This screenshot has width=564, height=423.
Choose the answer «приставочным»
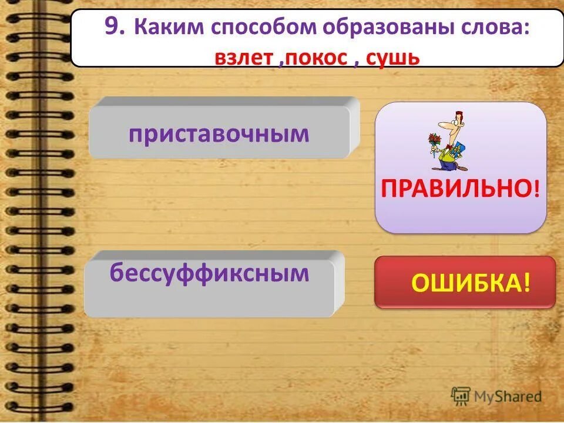coord(219,133)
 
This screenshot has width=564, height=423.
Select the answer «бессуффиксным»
coord(209,273)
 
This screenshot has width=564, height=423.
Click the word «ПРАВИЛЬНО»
coord(456,189)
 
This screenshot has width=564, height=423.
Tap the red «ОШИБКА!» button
coord(465,283)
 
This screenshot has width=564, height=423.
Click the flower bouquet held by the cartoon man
coord(434,141)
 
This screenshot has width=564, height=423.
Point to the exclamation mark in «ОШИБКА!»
coord(526,283)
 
